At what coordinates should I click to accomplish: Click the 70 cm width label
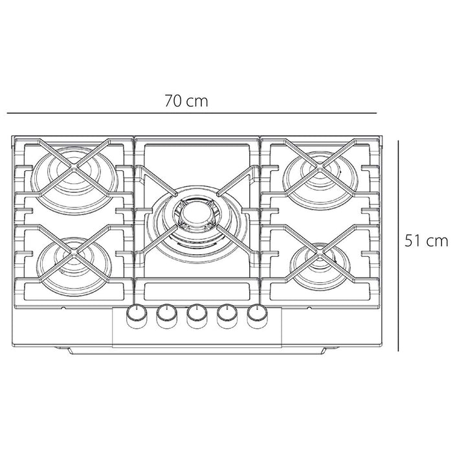tap(186, 101)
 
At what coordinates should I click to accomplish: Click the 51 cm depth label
tap(426, 241)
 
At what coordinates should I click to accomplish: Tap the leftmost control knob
tap(137, 316)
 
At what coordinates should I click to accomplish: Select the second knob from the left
tap(167, 316)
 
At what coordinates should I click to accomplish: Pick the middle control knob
tap(197, 316)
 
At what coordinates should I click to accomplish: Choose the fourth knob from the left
tap(227, 316)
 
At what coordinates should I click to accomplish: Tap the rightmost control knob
tap(257, 316)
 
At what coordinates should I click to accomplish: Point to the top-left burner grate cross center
tap(74, 167)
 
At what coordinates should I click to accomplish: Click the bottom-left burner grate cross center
tap(74, 254)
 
